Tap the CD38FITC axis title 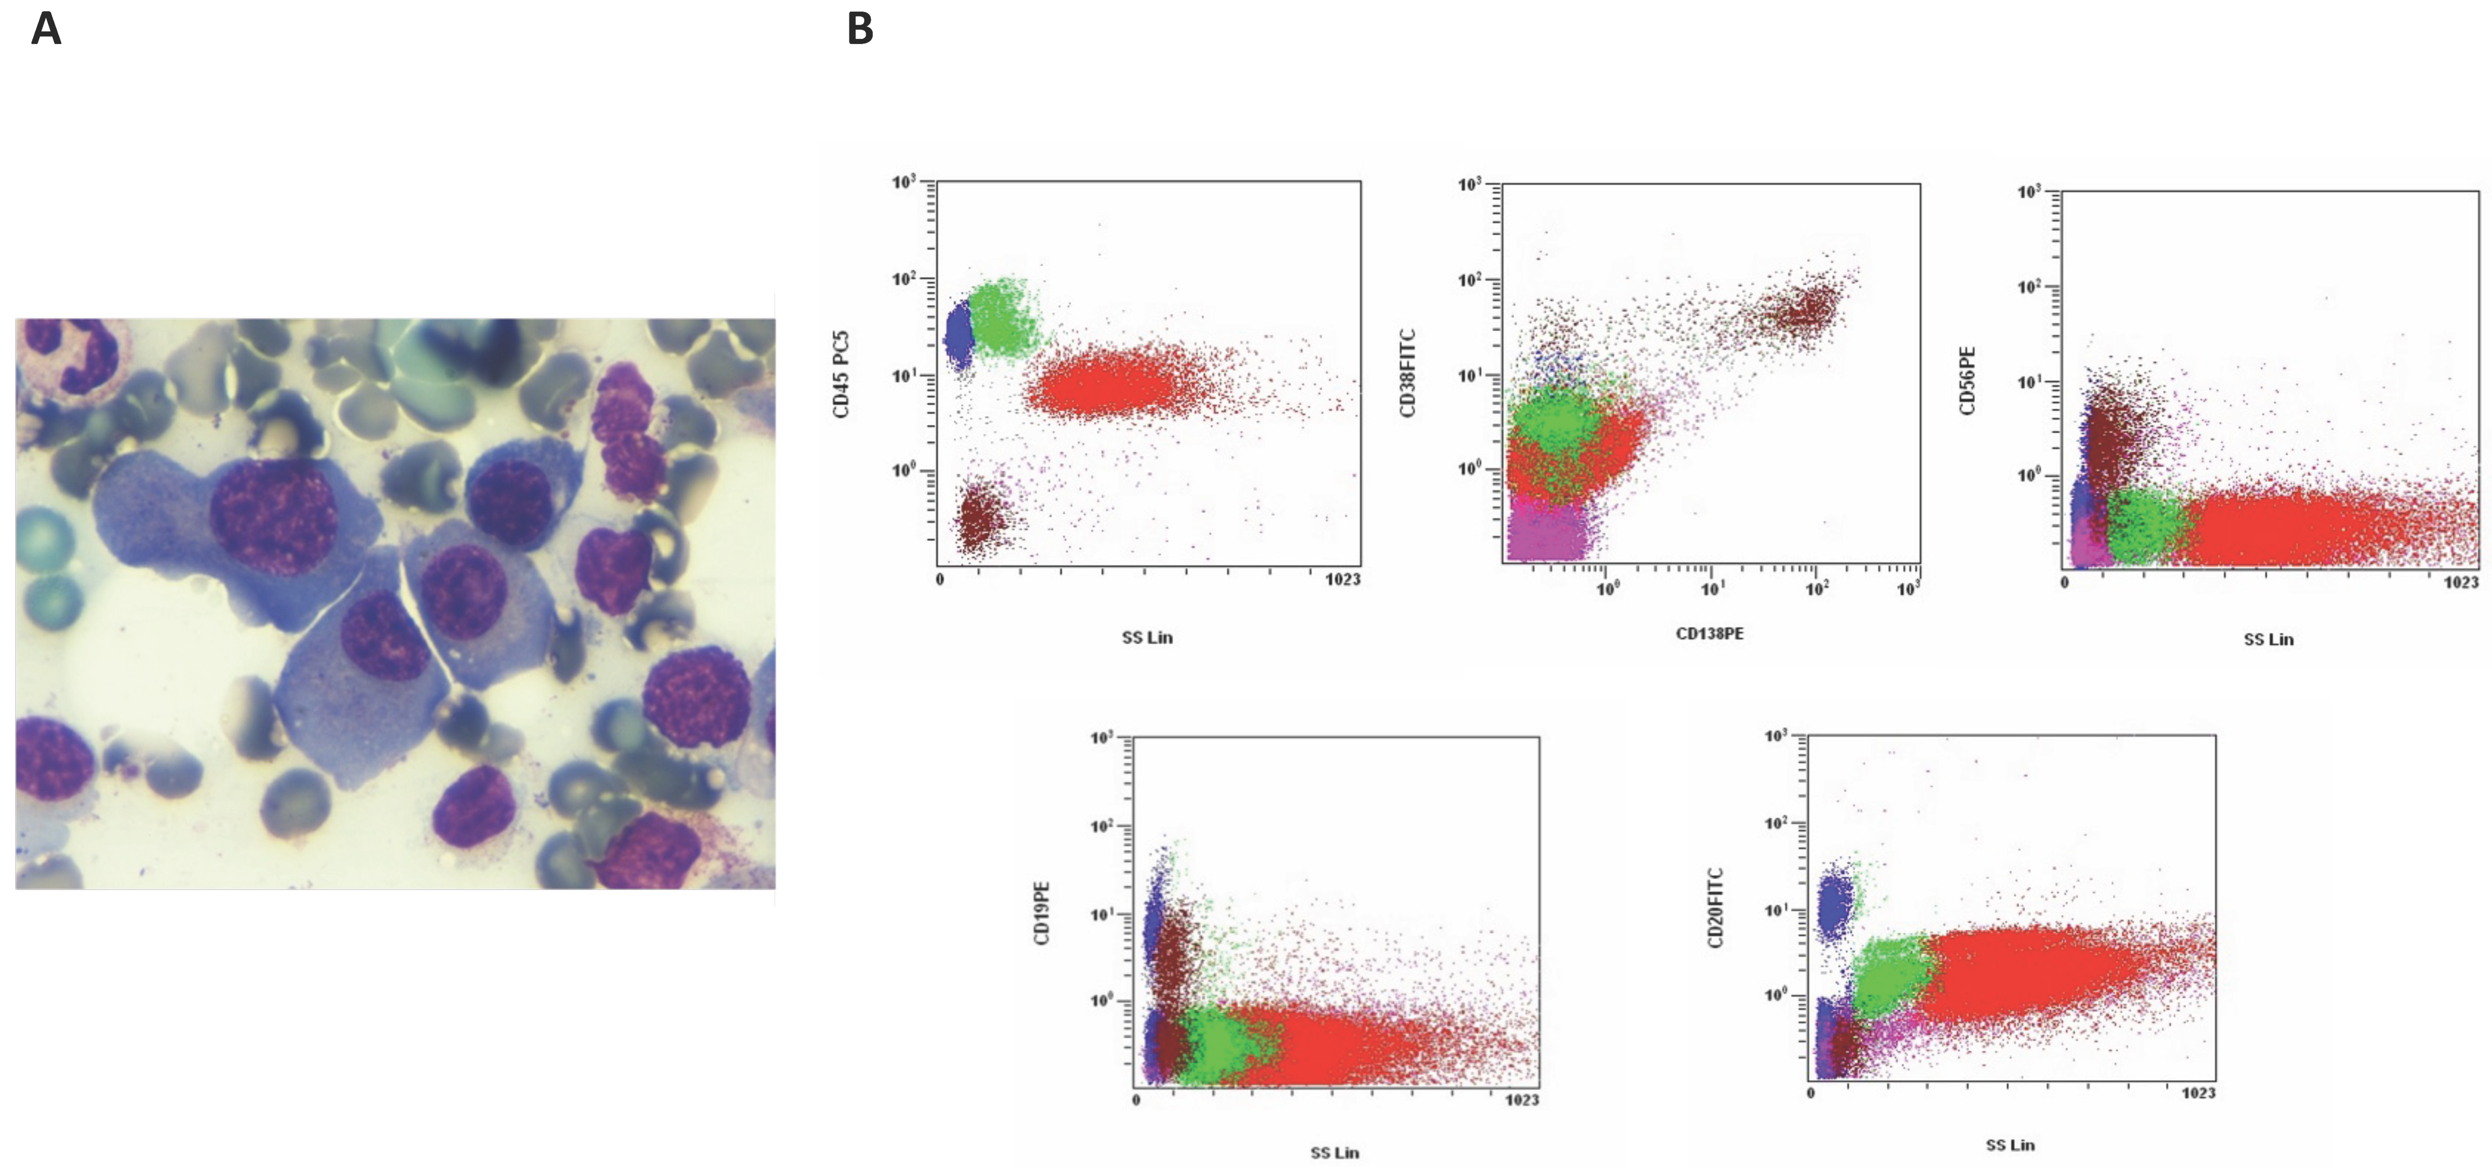[1408, 373]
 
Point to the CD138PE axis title [1709, 633]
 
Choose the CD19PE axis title [1042, 912]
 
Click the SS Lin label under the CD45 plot [1147, 637]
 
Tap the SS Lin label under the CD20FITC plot [2010, 1145]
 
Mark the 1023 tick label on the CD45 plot [1343, 579]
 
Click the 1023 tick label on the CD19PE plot [1522, 1099]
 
